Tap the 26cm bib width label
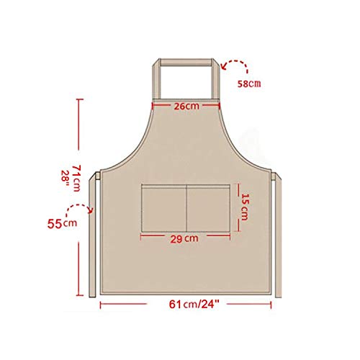(x=186, y=106)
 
